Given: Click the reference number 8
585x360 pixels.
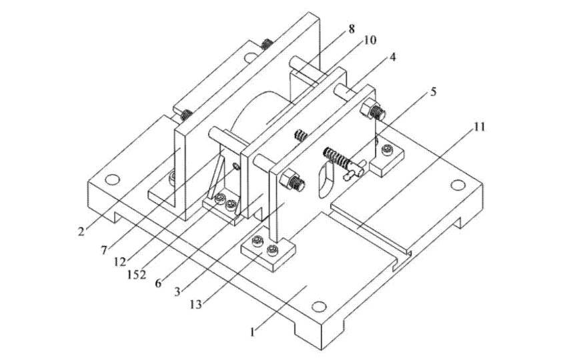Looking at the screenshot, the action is click(x=352, y=29).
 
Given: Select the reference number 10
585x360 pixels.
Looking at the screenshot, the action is click(x=370, y=40).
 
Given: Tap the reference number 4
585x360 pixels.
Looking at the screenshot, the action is click(x=392, y=57).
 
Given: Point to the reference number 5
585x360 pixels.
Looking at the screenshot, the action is click(x=433, y=91).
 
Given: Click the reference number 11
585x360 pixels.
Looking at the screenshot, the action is click(x=479, y=127).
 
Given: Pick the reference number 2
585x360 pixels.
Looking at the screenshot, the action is click(x=81, y=231).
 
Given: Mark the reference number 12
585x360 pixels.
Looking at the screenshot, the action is click(x=120, y=262).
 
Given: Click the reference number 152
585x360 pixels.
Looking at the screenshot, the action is click(x=137, y=275).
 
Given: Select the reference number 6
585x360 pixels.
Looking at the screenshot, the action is click(x=158, y=283).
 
